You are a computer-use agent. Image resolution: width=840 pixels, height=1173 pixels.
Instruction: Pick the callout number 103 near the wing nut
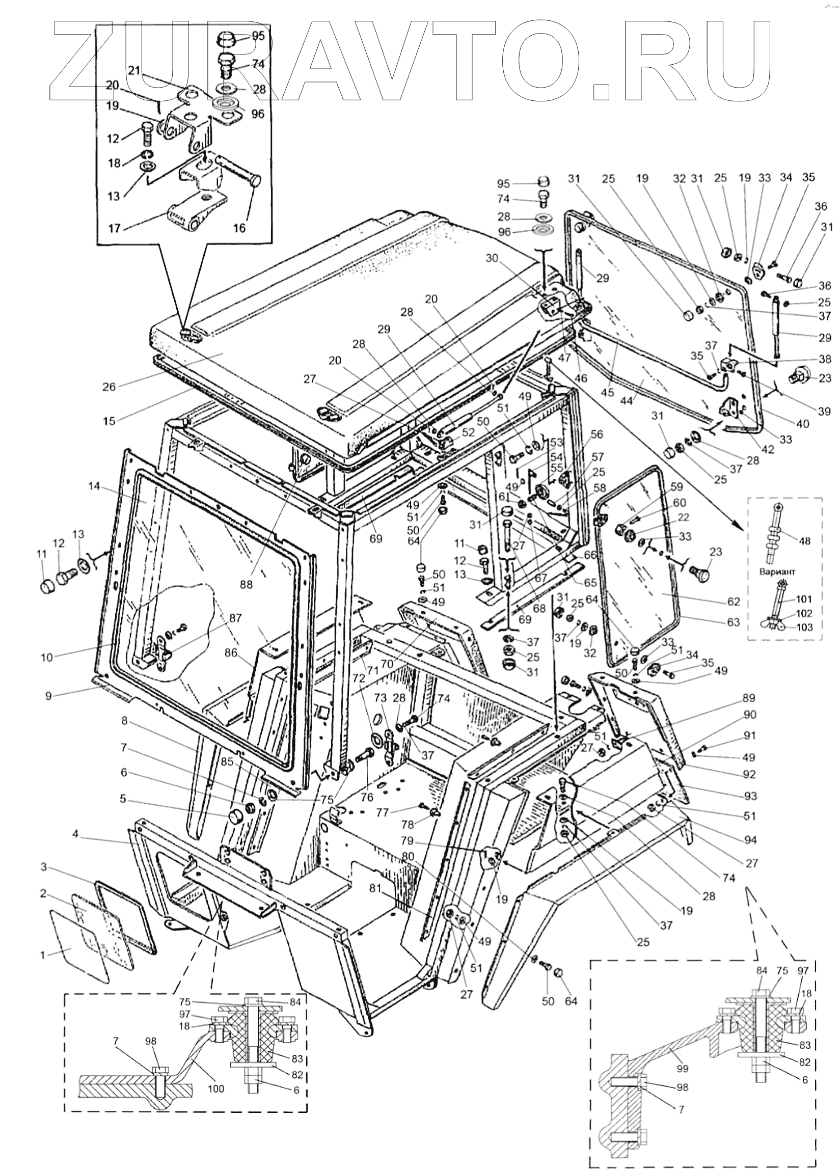coord(804,628)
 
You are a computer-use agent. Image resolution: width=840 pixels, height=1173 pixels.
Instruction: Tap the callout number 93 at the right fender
coord(751,796)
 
